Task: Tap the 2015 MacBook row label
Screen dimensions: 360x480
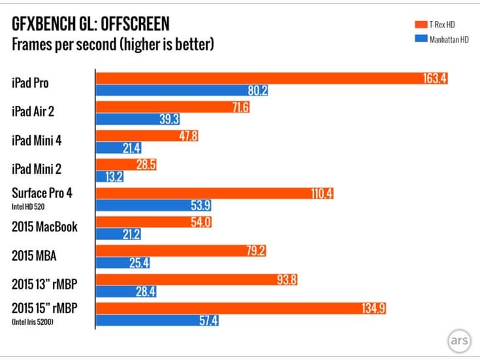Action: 44,227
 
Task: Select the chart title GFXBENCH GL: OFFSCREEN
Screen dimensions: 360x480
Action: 91,24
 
